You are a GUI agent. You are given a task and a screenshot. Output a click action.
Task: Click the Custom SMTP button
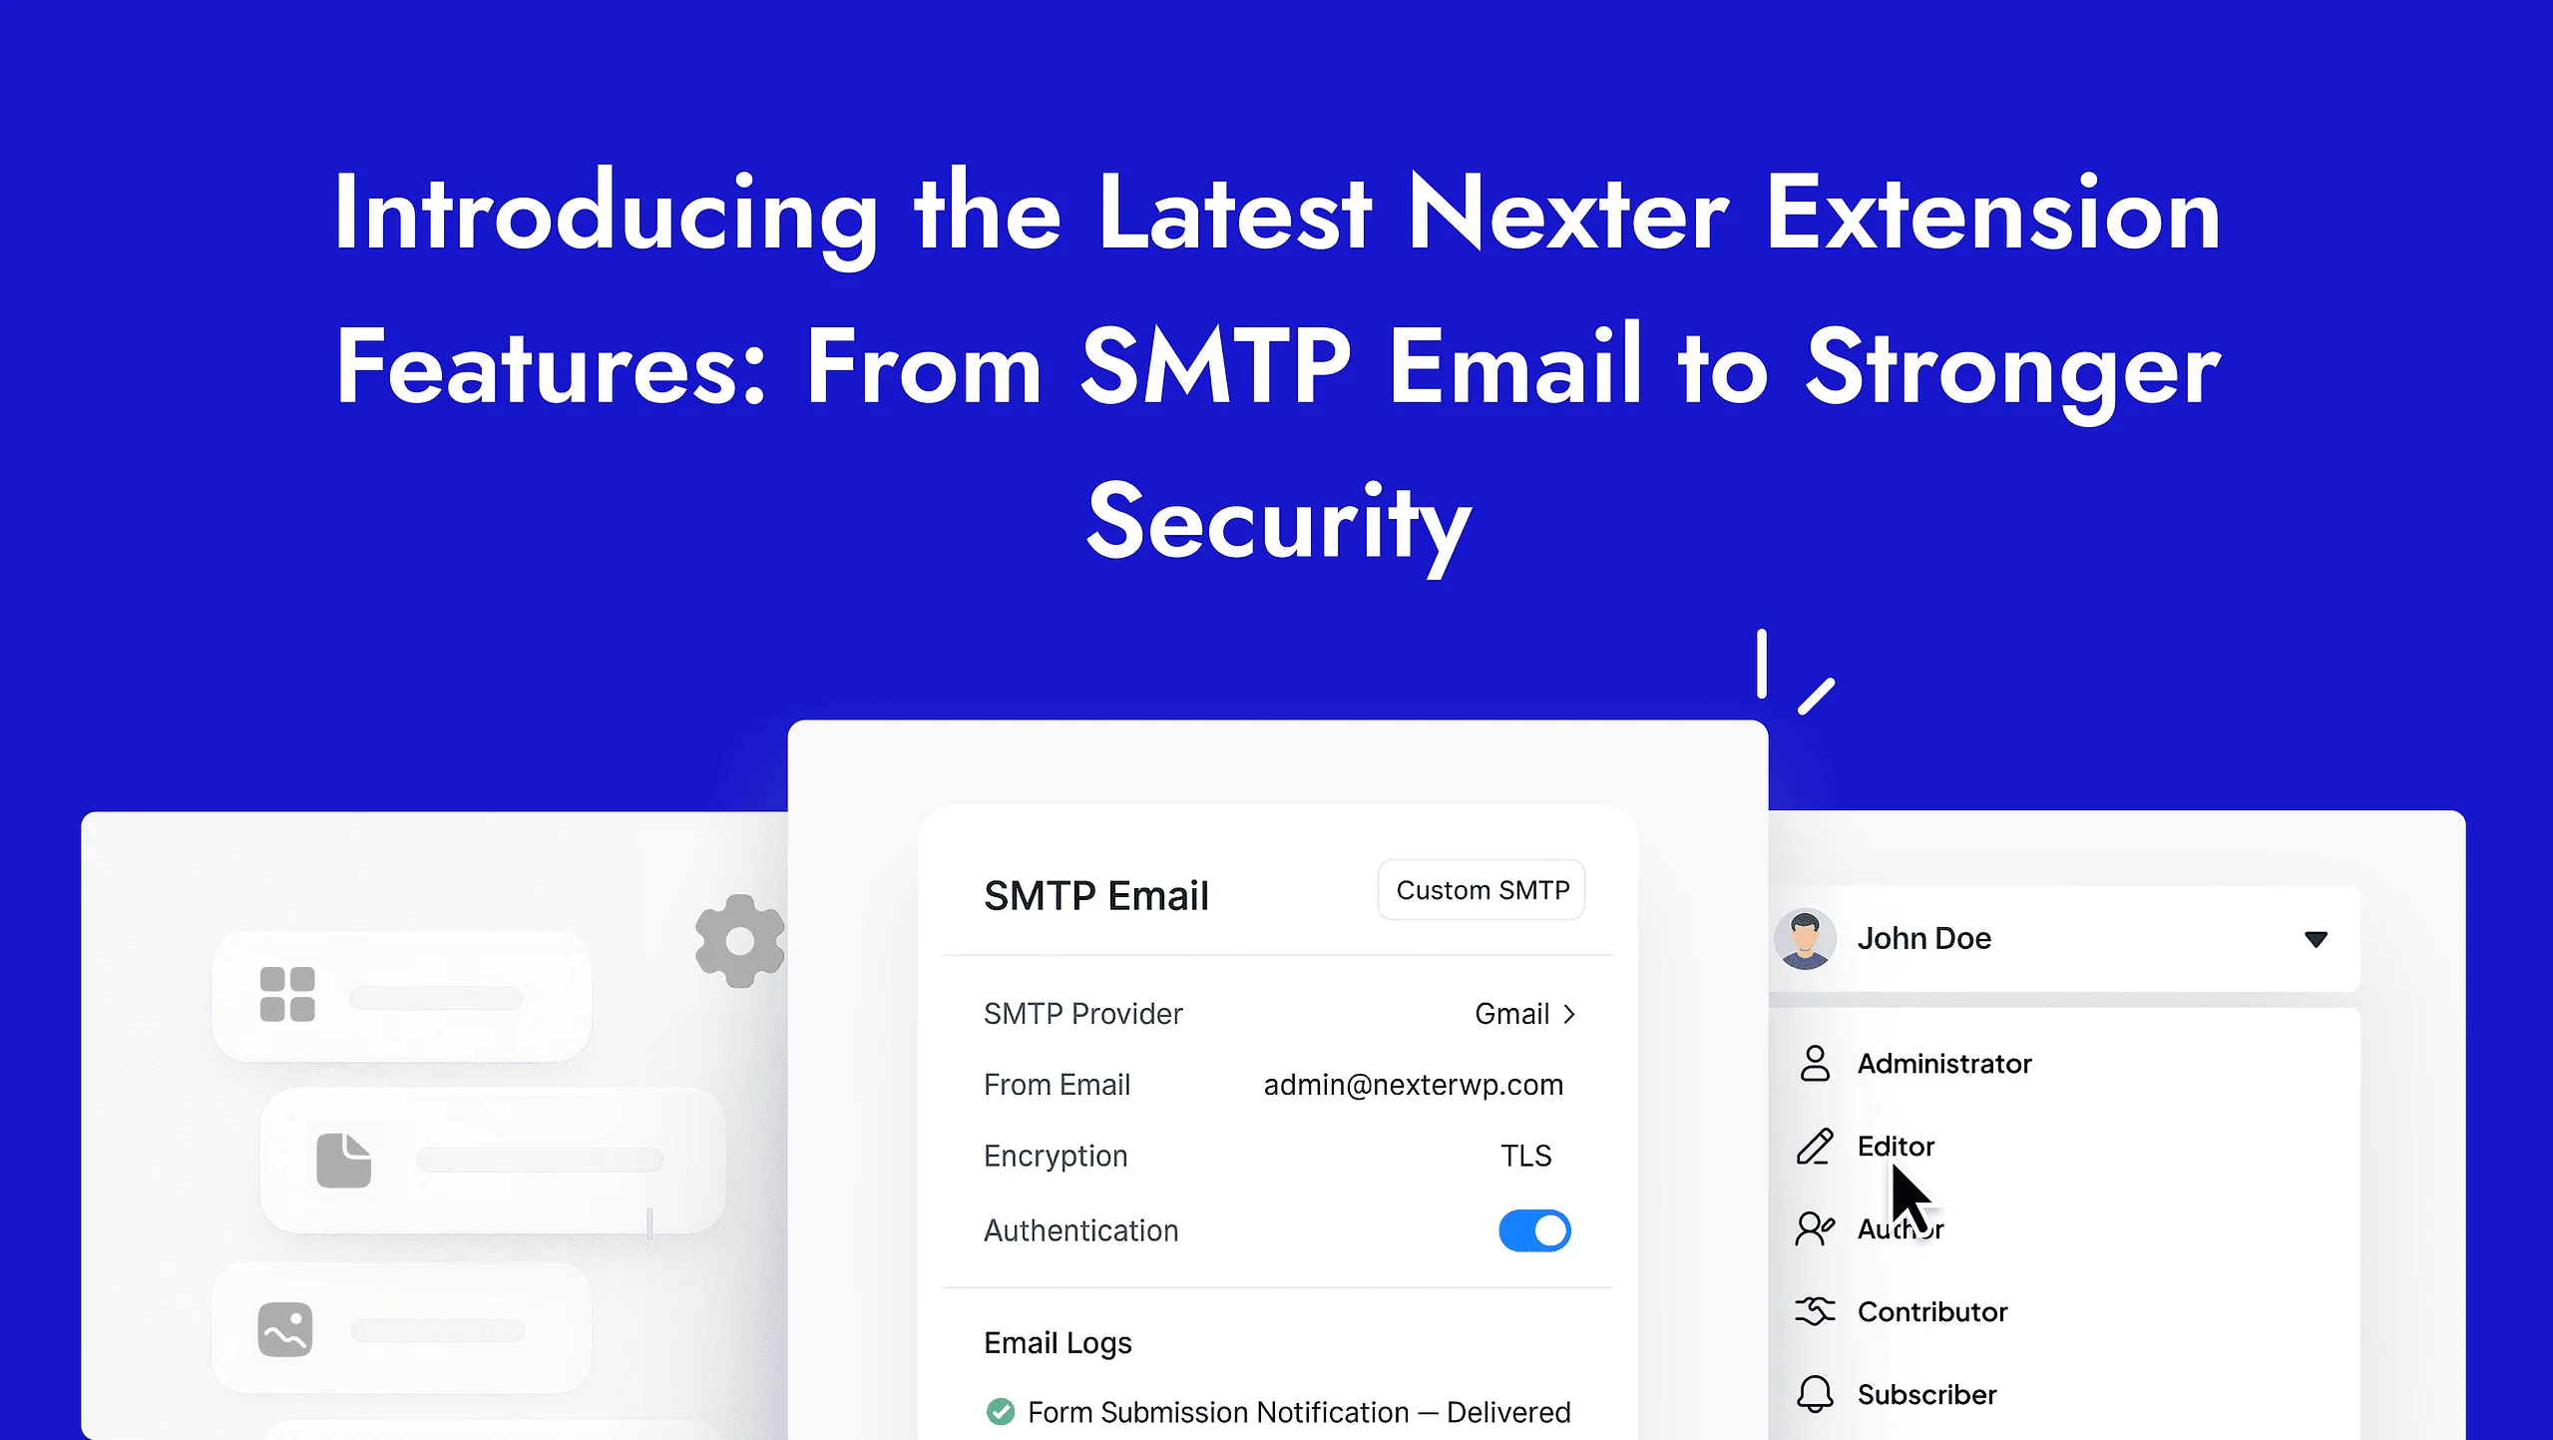(x=1482, y=890)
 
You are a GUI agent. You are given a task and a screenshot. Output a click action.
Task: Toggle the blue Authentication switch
(x=1534, y=1230)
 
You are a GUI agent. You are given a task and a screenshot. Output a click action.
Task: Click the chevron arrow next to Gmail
(x=1569, y=1014)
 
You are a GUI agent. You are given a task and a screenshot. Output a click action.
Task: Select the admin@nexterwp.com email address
(x=1413, y=1085)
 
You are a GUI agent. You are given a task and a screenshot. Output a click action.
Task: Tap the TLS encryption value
(x=1525, y=1156)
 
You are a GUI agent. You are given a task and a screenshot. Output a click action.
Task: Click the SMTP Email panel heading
(x=1095, y=895)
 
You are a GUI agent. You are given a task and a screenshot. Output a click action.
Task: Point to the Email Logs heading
(x=1058, y=1343)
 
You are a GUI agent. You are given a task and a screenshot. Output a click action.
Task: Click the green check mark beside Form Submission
(x=1000, y=1412)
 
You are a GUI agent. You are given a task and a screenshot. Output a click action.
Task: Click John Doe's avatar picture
(x=1805, y=939)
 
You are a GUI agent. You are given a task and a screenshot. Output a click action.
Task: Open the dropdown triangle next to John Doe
(x=2316, y=939)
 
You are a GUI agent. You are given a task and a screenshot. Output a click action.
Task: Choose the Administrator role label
(x=1943, y=1064)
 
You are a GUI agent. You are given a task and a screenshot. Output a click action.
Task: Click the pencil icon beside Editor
(x=1815, y=1147)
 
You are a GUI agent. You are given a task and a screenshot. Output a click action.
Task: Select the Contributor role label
(x=1931, y=1311)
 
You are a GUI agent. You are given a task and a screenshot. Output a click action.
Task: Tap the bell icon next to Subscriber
(x=1815, y=1394)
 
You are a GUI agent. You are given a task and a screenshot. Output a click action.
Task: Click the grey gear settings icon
(x=739, y=941)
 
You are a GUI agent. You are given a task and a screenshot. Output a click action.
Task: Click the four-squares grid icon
(x=287, y=995)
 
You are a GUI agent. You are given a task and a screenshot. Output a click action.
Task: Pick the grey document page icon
(x=343, y=1160)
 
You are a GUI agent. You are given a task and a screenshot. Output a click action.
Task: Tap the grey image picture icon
(x=285, y=1329)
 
